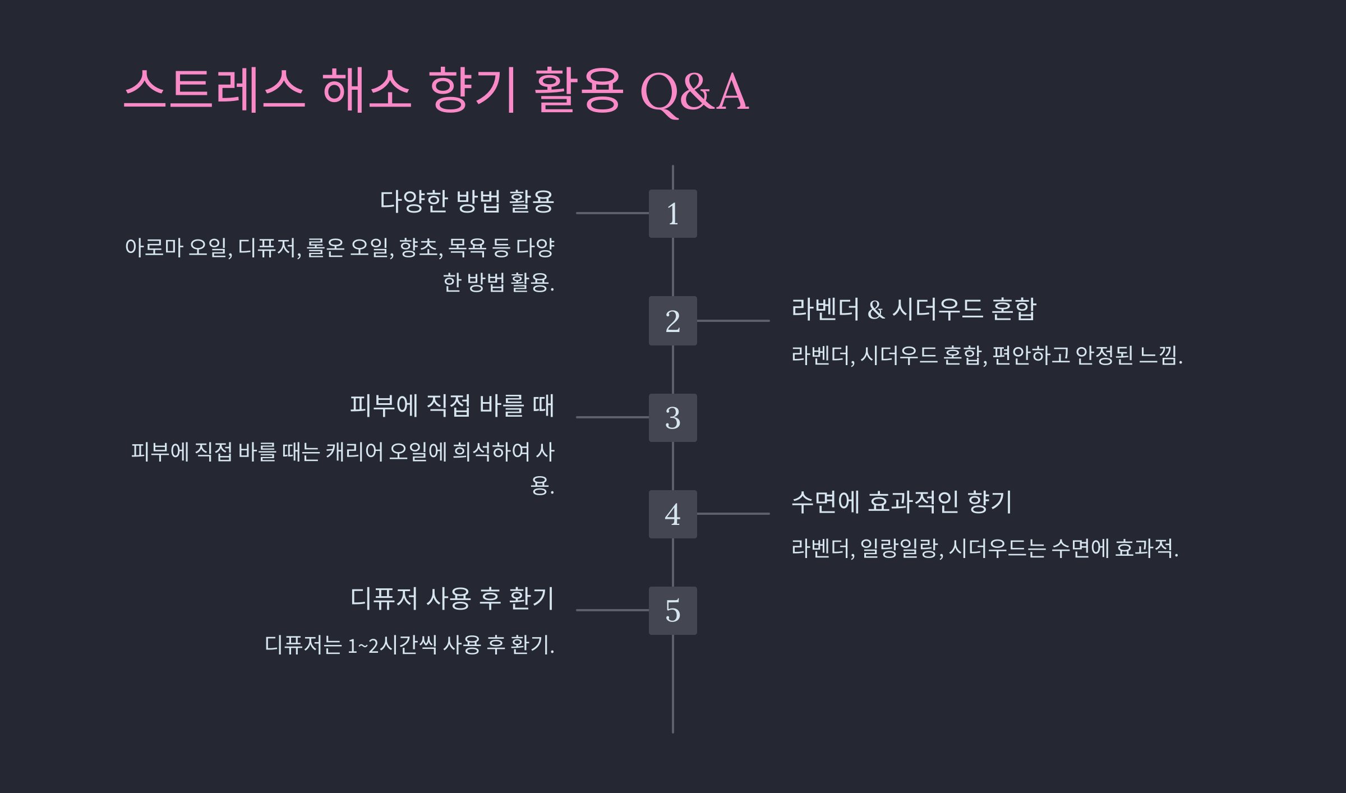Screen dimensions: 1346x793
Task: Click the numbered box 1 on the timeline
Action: click(672, 214)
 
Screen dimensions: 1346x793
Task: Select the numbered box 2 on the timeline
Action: click(672, 321)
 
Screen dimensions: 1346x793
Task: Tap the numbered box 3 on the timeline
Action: click(672, 418)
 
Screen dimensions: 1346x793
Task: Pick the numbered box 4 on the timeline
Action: click(672, 514)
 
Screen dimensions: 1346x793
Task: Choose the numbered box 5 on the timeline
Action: click(672, 611)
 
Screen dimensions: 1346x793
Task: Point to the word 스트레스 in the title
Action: click(214, 90)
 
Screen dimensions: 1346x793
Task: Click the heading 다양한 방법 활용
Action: click(467, 201)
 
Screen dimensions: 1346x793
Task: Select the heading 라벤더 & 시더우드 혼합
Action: click(914, 309)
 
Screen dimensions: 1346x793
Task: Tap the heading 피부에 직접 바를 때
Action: click(452, 405)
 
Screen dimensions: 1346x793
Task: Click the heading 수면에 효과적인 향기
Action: click(901, 502)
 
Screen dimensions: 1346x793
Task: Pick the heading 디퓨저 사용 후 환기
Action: click(452, 598)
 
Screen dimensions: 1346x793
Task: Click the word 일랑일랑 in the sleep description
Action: click(901, 548)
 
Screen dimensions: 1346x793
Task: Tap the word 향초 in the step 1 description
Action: click(420, 248)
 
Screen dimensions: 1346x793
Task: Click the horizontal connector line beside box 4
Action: click(733, 514)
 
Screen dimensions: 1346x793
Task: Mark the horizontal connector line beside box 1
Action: click(612, 213)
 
